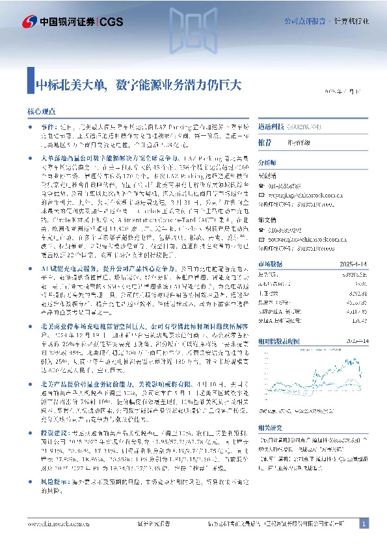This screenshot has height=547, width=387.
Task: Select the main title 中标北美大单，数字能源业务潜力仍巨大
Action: (139, 84)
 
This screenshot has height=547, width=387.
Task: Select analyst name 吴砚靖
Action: (267, 175)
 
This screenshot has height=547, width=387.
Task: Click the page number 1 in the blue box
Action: (364, 523)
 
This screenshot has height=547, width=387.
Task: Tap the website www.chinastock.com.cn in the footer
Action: (59, 524)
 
